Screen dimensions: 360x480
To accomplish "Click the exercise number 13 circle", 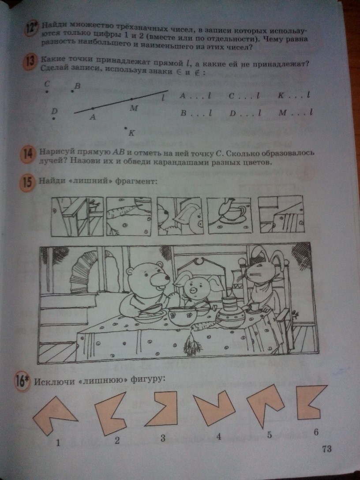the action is coord(30,63).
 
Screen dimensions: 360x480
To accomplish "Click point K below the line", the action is coord(125,128).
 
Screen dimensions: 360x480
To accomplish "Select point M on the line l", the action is coord(131,99).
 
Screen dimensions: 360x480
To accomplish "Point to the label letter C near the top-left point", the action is coord(47,84).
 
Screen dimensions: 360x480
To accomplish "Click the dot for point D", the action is coord(53,119).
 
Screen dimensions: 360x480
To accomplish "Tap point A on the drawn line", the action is coord(93,109).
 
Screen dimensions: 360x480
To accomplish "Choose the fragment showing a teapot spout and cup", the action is coord(229,215).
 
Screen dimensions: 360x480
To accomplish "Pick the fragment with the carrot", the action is coord(129,216).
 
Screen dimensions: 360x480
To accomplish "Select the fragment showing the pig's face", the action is coord(180,216).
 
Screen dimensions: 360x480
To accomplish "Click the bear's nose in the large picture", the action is coord(167,278).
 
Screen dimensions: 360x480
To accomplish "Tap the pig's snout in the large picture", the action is coord(194,289).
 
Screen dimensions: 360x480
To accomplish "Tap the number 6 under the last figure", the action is coord(316,431).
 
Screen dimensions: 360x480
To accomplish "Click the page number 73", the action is coord(326,449).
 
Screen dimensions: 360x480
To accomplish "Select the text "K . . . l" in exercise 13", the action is coord(294,95).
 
